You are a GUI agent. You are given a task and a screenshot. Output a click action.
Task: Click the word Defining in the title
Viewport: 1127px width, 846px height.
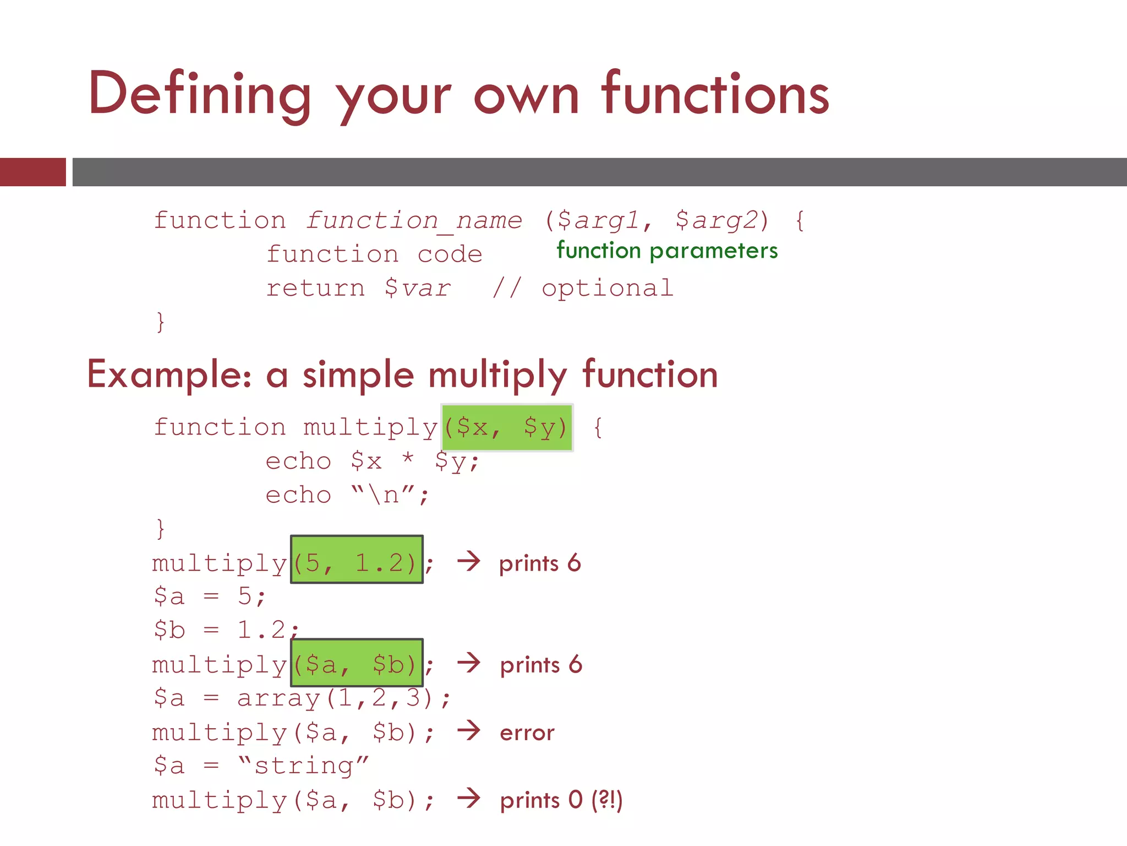199,95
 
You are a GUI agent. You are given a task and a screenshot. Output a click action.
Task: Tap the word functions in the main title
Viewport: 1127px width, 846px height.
715,95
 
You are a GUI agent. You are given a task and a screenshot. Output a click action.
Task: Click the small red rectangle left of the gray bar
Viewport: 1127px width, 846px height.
33,172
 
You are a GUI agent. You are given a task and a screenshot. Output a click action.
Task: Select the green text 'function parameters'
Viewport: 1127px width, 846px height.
667,251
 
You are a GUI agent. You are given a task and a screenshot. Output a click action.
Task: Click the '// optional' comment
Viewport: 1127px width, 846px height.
583,288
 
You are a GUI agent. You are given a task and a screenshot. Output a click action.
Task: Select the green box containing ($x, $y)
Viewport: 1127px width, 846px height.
507,427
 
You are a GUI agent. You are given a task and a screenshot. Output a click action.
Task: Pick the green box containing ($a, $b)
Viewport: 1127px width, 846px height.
357,663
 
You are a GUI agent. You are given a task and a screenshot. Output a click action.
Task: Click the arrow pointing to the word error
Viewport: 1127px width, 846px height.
469,731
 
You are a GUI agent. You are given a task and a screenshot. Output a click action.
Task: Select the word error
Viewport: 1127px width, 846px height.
527,733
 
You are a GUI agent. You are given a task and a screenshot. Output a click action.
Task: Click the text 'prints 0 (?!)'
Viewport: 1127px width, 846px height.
561,800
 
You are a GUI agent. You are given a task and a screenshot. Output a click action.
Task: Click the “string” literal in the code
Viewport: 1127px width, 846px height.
303,766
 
